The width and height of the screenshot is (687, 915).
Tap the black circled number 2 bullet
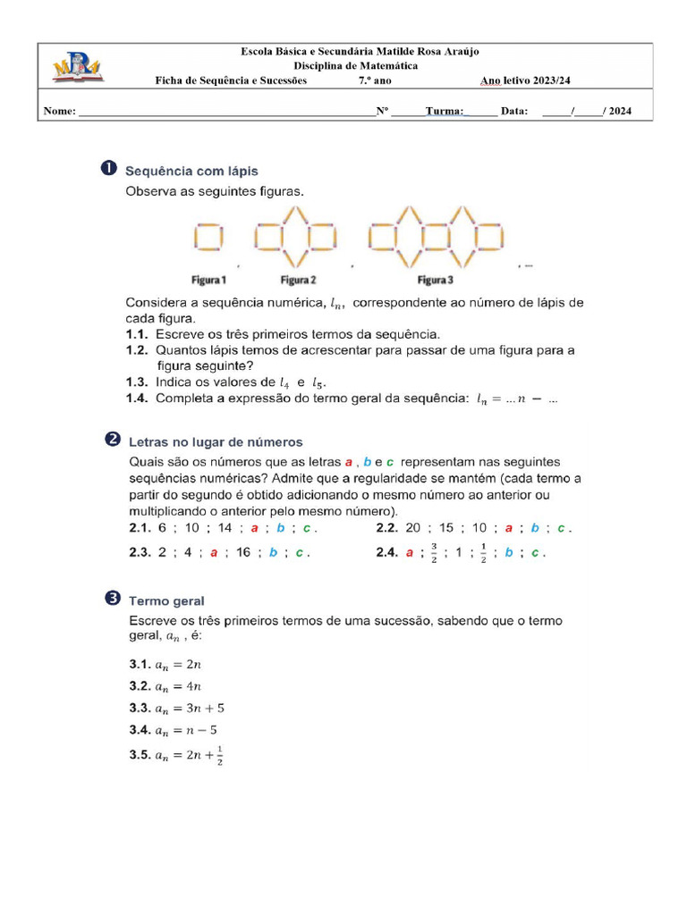(113, 440)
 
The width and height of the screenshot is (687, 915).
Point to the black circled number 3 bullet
(113, 600)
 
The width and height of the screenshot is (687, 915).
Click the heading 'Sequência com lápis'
(192, 170)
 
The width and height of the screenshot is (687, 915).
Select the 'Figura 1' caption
(208, 280)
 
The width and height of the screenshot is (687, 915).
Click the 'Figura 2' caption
(297, 280)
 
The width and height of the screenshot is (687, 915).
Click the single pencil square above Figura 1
(208, 239)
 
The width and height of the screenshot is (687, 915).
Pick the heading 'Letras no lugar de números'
(216, 441)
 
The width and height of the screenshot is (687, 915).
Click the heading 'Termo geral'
(166, 601)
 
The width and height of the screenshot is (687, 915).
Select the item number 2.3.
(139, 553)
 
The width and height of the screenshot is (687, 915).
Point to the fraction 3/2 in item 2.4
(434, 552)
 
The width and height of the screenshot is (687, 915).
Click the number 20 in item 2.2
(413, 528)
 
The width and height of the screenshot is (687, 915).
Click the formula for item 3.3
(190, 709)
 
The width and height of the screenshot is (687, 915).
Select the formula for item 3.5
(190, 755)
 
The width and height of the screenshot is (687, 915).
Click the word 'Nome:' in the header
(59, 112)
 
